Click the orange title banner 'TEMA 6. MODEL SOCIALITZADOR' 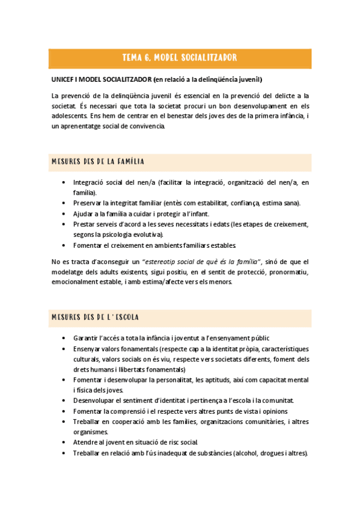coord(179,58)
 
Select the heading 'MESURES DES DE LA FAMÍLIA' coord(97,162)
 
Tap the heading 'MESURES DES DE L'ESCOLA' coord(96,317)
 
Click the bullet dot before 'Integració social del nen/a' coord(64,182)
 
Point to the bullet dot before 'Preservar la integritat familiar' coord(64,203)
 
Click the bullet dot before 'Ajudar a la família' coord(64,214)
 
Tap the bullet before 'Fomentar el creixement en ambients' coord(64,245)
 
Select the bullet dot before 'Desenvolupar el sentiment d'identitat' coord(64,401)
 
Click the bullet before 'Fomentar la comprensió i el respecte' coord(64,411)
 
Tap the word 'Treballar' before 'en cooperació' coord(88,422)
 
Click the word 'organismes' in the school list coord(90,432)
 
